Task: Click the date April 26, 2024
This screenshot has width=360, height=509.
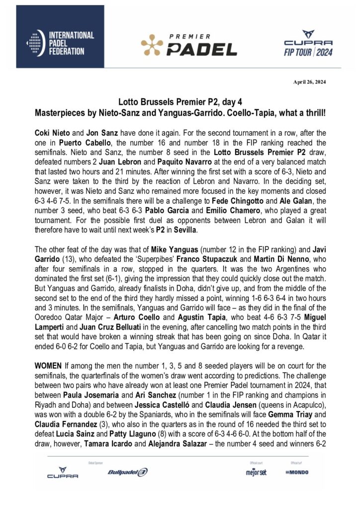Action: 312,82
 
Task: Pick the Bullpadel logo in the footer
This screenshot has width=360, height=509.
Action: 128,472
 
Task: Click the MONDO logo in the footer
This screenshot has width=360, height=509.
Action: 297,472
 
